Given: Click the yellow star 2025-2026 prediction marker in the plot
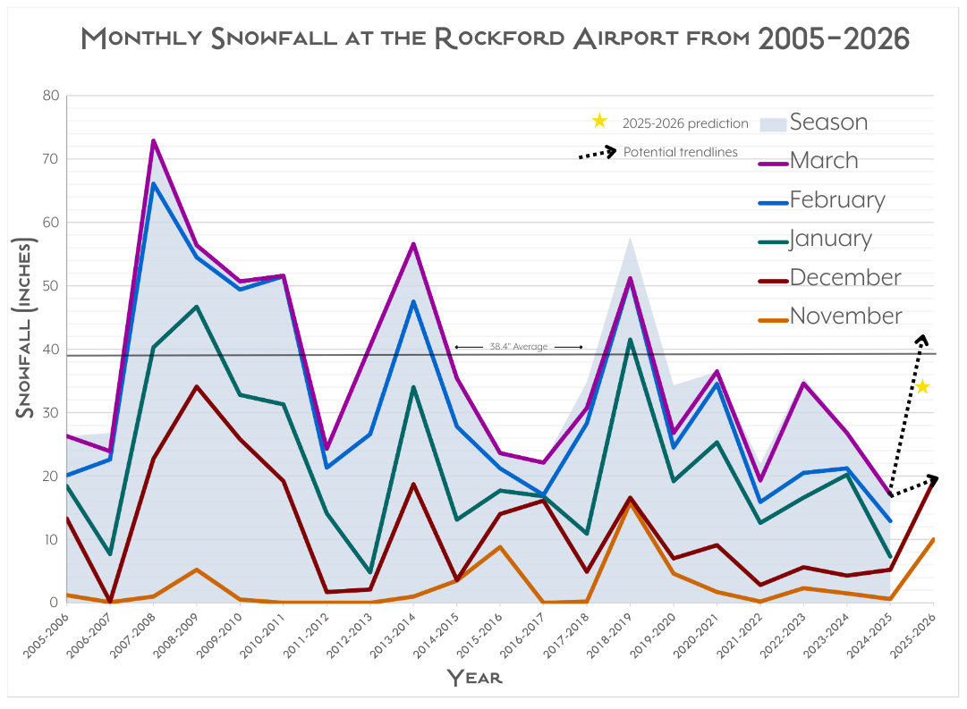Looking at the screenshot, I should tap(922, 386).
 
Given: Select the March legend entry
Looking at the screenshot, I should tap(824, 161).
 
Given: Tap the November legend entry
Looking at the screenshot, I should tap(845, 316).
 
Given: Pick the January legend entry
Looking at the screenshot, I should tap(830, 239).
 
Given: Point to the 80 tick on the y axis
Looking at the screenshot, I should tap(50, 96).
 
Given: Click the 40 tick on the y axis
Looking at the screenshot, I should tap(50, 350).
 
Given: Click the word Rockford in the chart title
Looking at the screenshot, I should tap(496, 38).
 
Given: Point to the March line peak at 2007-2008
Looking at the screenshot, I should tap(153, 140).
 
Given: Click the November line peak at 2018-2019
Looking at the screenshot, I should tap(630, 503).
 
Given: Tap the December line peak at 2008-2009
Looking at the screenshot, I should tap(197, 386).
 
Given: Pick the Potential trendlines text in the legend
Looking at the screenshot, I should tap(680, 152).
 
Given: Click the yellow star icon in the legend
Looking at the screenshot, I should tap(599, 121).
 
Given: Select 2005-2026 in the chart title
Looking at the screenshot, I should tap(833, 38).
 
